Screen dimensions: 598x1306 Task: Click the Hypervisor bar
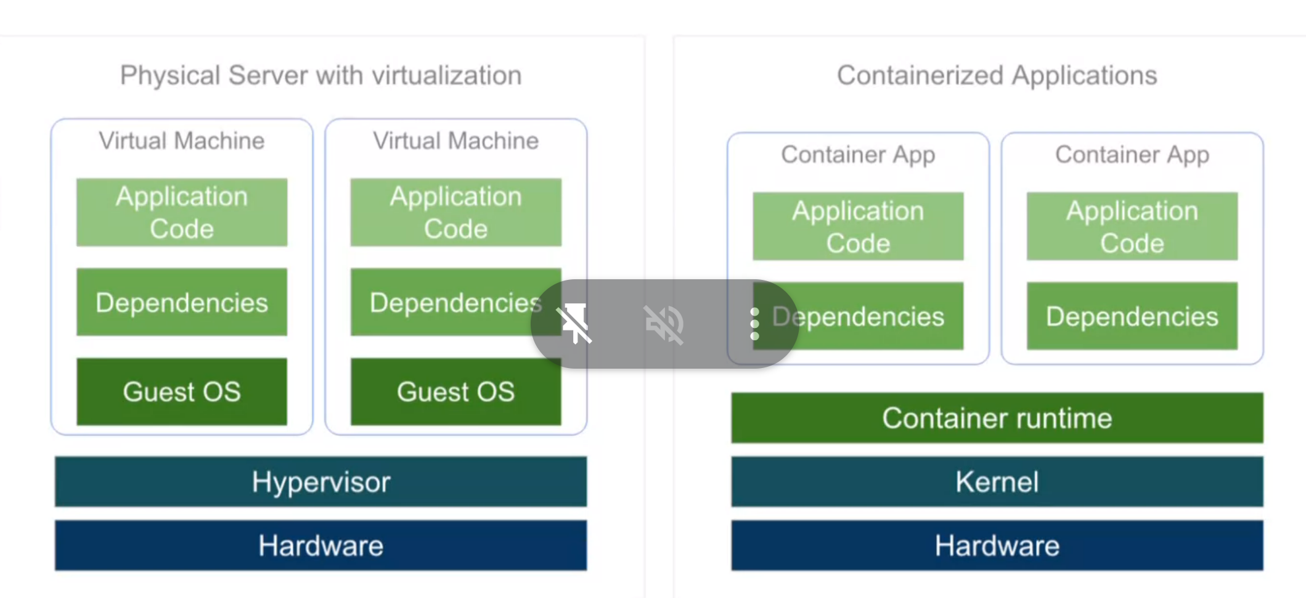pyautogui.click(x=320, y=481)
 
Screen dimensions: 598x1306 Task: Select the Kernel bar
pyautogui.click(x=997, y=481)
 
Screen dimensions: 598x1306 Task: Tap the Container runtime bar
pyautogui.click(x=997, y=418)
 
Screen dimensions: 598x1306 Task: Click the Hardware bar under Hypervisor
pyautogui.click(x=320, y=546)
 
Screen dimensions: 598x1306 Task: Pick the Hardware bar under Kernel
pyautogui.click(x=997, y=546)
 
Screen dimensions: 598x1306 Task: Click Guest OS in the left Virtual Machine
pyautogui.click(x=182, y=391)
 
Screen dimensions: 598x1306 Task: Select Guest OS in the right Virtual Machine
pyautogui.click(x=455, y=391)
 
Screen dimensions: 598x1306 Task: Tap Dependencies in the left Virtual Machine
pyautogui.click(x=182, y=302)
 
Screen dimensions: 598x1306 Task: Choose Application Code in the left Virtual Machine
pyautogui.click(x=182, y=213)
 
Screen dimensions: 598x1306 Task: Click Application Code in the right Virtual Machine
pyautogui.click(x=455, y=213)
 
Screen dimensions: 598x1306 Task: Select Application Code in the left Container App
pyautogui.click(x=858, y=226)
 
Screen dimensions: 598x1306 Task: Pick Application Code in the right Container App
pyautogui.click(x=1132, y=226)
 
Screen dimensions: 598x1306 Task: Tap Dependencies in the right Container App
pyautogui.click(x=1132, y=316)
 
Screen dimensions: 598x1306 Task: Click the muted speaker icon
pyautogui.click(x=664, y=324)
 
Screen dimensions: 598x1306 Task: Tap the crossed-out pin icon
pyautogui.click(x=574, y=324)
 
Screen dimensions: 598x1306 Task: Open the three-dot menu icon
pyautogui.click(x=754, y=324)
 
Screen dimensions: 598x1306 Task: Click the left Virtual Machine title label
pyautogui.click(x=182, y=141)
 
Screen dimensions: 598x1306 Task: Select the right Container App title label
pyautogui.click(x=1132, y=155)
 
